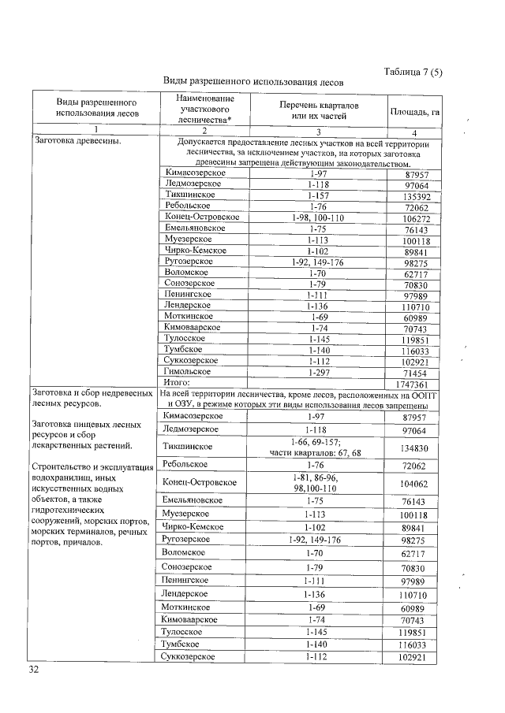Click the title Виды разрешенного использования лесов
click(x=252, y=82)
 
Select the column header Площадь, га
click(x=414, y=112)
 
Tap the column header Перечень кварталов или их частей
click(x=319, y=111)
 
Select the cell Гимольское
click(x=188, y=370)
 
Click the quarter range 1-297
click(x=319, y=370)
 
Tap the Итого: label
click(x=178, y=382)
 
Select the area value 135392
click(x=414, y=196)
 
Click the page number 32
click(x=33, y=669)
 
